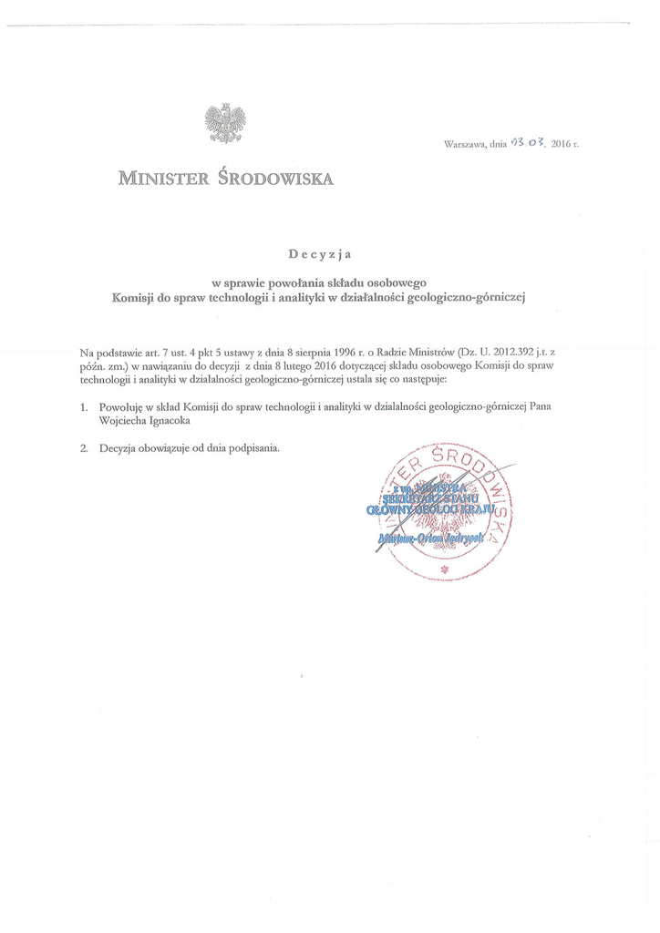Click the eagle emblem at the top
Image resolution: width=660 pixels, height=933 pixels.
(225, 123)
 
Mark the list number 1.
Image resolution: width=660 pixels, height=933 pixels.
(83, 407)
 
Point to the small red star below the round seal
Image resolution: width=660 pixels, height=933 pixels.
(446, 570)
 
